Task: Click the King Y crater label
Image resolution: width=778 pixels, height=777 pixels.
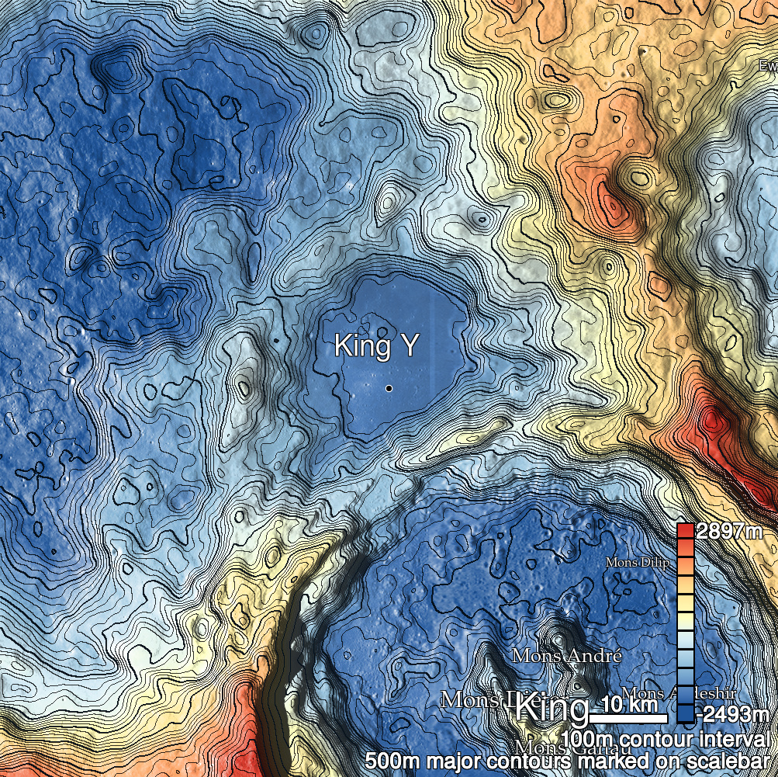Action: [x=375, y=347]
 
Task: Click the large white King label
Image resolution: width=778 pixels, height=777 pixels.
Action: [x=552, y=709]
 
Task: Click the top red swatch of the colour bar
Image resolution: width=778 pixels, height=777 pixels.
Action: [x=684, y=532]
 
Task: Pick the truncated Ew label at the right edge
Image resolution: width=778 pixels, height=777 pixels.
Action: [x=768, y=66]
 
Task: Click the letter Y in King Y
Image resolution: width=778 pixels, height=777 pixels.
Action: [x=406, y=347]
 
